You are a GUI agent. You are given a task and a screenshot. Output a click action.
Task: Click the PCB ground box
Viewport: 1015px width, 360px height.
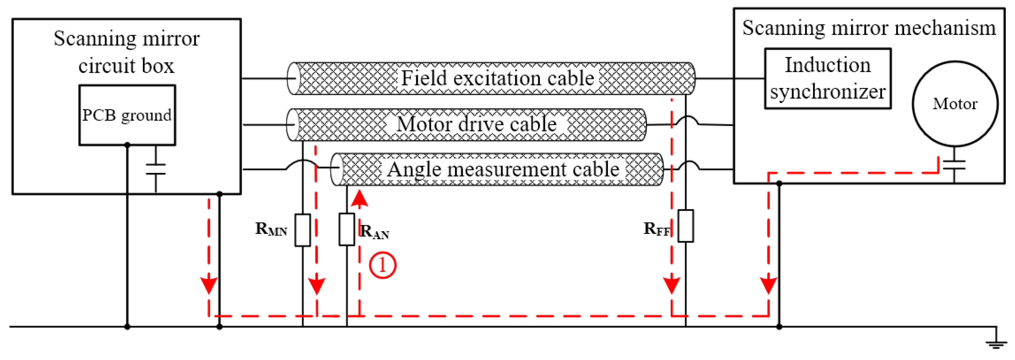127,115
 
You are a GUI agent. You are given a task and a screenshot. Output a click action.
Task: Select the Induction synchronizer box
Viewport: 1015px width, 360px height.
828,78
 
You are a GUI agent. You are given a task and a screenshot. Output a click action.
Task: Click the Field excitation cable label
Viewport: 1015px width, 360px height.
497,78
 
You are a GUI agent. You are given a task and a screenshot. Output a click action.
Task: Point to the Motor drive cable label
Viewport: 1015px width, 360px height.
476,124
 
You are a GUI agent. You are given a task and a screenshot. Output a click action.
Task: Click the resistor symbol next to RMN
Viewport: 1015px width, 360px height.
303,230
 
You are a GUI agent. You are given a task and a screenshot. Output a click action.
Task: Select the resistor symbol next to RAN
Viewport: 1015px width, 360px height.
347,229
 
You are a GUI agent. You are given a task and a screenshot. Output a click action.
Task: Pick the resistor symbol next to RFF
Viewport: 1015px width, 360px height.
686,226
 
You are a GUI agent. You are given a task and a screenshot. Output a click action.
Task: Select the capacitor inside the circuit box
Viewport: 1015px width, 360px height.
156,168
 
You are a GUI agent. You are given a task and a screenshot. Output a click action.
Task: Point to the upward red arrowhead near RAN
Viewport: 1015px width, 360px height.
359,199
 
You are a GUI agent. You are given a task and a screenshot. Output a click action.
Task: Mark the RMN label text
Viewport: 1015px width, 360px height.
271,229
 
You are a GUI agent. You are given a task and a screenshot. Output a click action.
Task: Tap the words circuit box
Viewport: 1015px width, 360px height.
126,66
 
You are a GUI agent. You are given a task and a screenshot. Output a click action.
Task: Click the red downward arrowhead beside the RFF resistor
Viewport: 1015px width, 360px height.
671,285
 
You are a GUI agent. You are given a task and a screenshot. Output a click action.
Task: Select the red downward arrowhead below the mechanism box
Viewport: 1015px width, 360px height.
768,285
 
